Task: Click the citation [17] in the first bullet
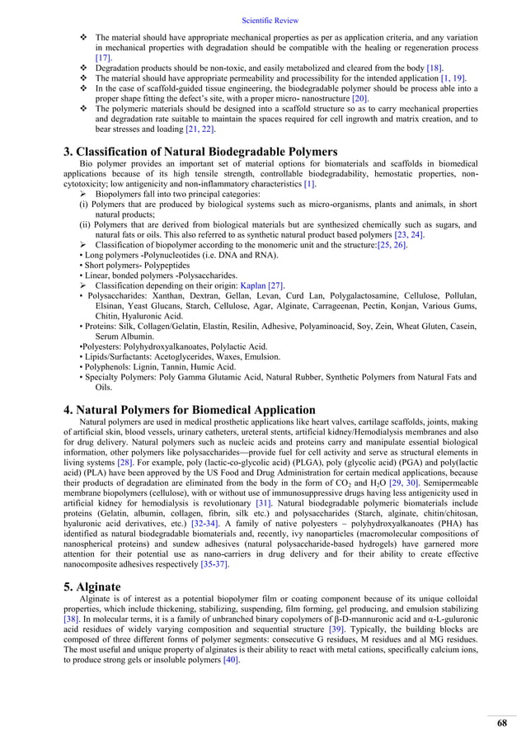pos(103,59)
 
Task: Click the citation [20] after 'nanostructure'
pos(359,98)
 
